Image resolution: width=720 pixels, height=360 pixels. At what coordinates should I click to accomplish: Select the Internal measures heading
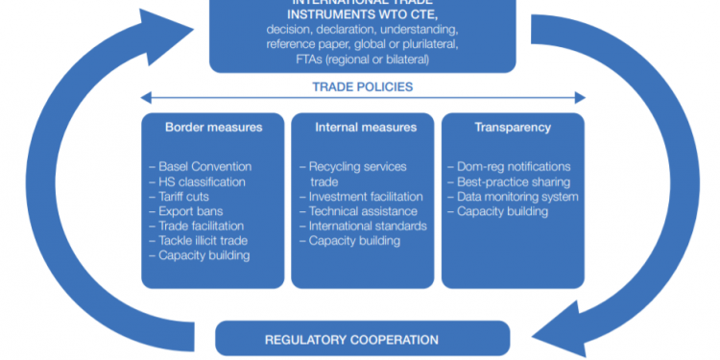click(366, 127)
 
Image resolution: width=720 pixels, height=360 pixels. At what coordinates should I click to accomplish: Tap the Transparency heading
click(513, 127)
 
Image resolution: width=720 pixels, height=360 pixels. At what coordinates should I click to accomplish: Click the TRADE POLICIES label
click(363, 86)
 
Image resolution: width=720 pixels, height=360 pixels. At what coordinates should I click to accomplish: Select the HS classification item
click(200, 181)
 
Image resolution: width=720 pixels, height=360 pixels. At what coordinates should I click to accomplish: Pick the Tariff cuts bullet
click(183, 197)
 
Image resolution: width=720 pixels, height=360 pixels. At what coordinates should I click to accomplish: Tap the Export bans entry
click(187, 211)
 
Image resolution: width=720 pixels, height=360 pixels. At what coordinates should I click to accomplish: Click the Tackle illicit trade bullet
click(200, 241)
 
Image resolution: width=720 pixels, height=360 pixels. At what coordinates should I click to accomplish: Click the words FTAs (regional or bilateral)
click(362, 60)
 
